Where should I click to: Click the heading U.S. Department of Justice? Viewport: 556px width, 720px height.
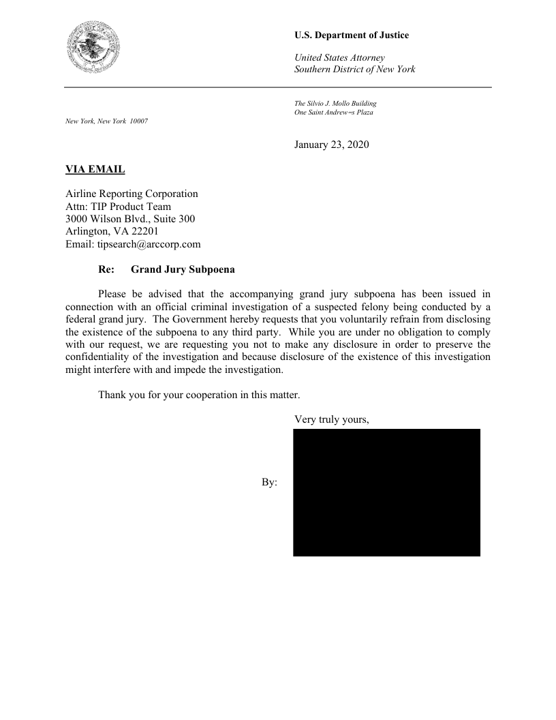[x=352, y=35]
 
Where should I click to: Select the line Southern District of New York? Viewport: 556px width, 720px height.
[x=354, y=70]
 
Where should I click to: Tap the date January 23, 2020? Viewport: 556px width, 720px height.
[x=331, y=145]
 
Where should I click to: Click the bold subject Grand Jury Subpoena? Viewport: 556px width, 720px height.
[x=183, y=269]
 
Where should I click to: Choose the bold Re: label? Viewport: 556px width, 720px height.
[x=106, y=269]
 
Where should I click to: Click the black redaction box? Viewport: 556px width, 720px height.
[x=386, y=492]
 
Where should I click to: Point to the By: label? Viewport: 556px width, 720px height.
[x=269, y=483]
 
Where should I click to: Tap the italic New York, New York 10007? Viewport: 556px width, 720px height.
[x=106, y=121]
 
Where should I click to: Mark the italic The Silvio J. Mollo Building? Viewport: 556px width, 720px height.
[x=335, y=104]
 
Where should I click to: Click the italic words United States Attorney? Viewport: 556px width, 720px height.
[x=339, y=57]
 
